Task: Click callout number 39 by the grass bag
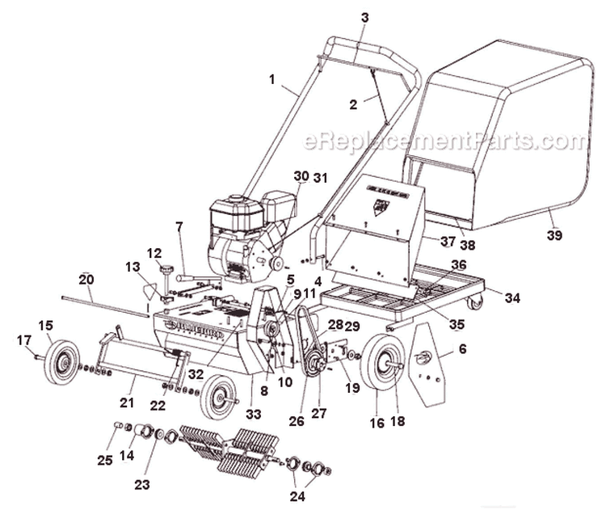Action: (x=553, y=236)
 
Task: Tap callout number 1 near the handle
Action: (x=272, y=79)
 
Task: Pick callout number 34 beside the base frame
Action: (x=512, y=297)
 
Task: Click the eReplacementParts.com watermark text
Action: (x=445, y=141)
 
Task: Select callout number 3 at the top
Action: (x=364, y=17)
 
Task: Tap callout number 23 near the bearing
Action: (x=142, y=462)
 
